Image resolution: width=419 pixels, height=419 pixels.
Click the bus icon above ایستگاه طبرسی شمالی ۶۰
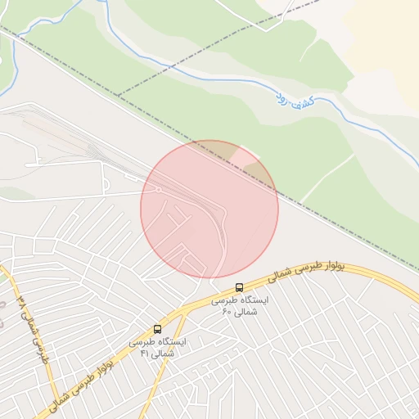coord(239,288)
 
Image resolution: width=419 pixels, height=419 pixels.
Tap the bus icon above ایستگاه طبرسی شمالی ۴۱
coord(157,329)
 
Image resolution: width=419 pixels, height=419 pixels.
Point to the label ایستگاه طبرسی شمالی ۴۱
coord(157,346)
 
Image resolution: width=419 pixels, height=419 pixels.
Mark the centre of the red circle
coord(209,209)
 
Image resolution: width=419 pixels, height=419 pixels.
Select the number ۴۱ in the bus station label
coord(145,353)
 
